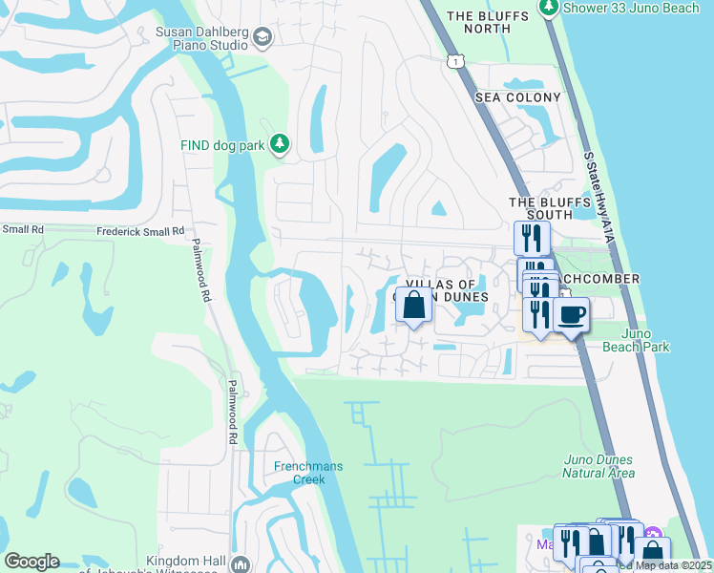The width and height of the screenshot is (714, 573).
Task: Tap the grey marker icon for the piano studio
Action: pyautogui.click(x=262, y=38)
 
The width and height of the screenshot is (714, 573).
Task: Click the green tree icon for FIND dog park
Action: pyautogui.click(x=279, y=144)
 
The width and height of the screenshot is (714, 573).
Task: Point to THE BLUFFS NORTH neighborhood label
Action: pyautogui.click(x=478, y=22)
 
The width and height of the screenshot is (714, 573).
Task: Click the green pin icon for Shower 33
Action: pyautogui.click(x=548, y=8)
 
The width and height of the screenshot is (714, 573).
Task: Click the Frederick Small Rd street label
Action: pyautogui.click(x=140, y=231)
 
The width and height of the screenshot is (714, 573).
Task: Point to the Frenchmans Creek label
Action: pyautogui.click(x=302, y=473)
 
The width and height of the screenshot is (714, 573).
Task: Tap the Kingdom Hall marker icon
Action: pyautogui.click(x=239, y=563)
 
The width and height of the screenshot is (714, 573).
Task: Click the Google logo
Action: pyautogui.click(x=31, y=562)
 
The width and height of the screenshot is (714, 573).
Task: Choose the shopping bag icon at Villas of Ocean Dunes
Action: pyautogui.click(x=413, y=307)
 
